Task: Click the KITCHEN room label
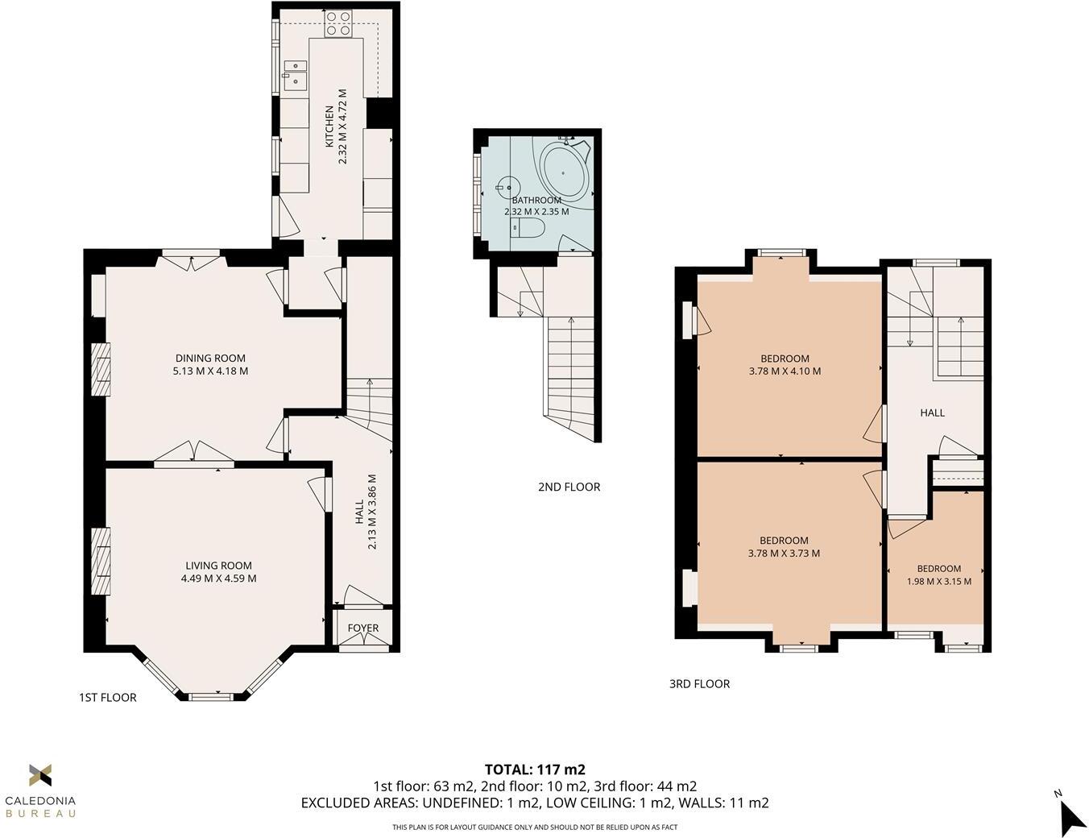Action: (x=329, y=127)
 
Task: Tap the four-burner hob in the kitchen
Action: (x=337, y=24)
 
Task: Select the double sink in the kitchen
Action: (x=295, y=76)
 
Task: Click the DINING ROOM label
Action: (x=210, y=359)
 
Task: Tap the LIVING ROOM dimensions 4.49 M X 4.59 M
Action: (x=218, y=579)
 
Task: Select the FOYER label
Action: (x=363, y=628)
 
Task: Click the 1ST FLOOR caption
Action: (x=108, y=698)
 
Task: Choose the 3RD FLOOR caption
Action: (x=700, y=684)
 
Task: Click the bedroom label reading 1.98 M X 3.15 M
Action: (x=939, y=582)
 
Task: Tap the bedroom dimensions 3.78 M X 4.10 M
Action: (x=785, y=371)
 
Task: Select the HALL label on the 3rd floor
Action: (x=933, y=413)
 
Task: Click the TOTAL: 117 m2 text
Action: (x=535, y=770)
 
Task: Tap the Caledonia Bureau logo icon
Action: (x=40, y=775)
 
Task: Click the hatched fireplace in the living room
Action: (x=101, y=562)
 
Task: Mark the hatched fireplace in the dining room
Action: (x=101, y=370)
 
